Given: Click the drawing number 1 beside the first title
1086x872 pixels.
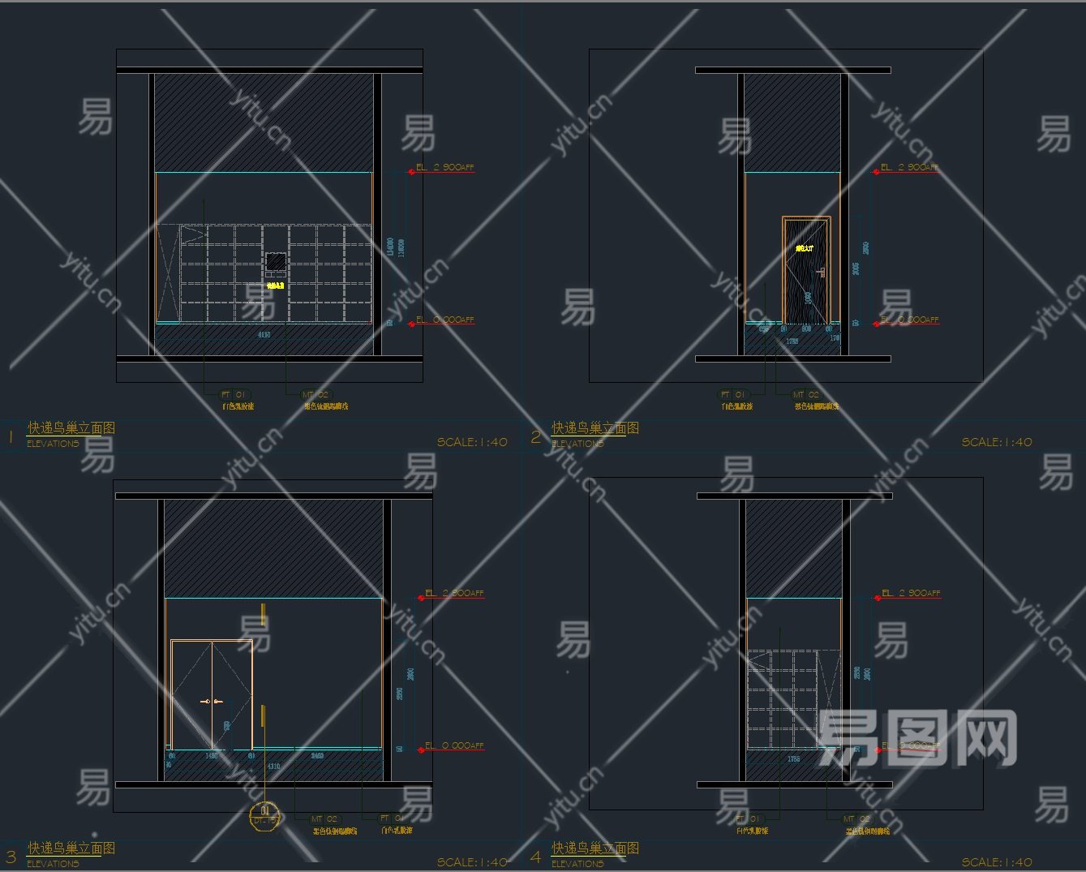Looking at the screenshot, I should pyautogui.click(x=11, y=436).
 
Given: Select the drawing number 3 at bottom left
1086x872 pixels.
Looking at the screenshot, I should pyautogui.click(x=11, y=856).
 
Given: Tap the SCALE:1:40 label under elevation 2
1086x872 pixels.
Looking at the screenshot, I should pyautogui.click(x=997, y=442).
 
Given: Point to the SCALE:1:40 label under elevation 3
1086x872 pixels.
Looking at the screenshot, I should pyautogui.click(x=472, y=862).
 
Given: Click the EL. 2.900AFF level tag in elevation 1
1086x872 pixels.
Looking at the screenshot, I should pyautogui.click(x=444, y=168).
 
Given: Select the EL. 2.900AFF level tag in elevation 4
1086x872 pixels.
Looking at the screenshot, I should pyautogui.click(x=911, y=594).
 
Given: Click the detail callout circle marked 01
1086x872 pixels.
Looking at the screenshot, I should pyautogui.click(x=264, y=814).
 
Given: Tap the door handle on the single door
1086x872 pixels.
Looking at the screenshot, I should pyautogui.click(x=822, y=273).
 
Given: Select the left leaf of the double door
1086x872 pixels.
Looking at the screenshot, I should pyautogui.click(x=192, y=694).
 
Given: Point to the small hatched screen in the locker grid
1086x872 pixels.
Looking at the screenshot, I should pyautogui.click(x=276, y=261).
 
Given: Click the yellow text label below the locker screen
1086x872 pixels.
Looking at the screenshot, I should pyautogui.click(x=276, y=286).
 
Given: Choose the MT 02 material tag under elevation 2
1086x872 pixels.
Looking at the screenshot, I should pyautogui.click(x=805, y=395).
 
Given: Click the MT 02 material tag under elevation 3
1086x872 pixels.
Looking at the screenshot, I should pyautogui.click(x=324, y=819).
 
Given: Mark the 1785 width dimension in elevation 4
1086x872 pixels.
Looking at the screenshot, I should pyautogui.click(x=793, y=759).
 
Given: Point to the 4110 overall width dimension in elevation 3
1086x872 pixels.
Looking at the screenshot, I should pyautogui.click(x=273, y=766).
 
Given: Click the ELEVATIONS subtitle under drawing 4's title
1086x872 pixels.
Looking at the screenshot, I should pyautogui.click(x=577, y=864).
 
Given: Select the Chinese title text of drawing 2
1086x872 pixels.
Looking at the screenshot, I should pyautogui.click(x=595, y=428).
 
